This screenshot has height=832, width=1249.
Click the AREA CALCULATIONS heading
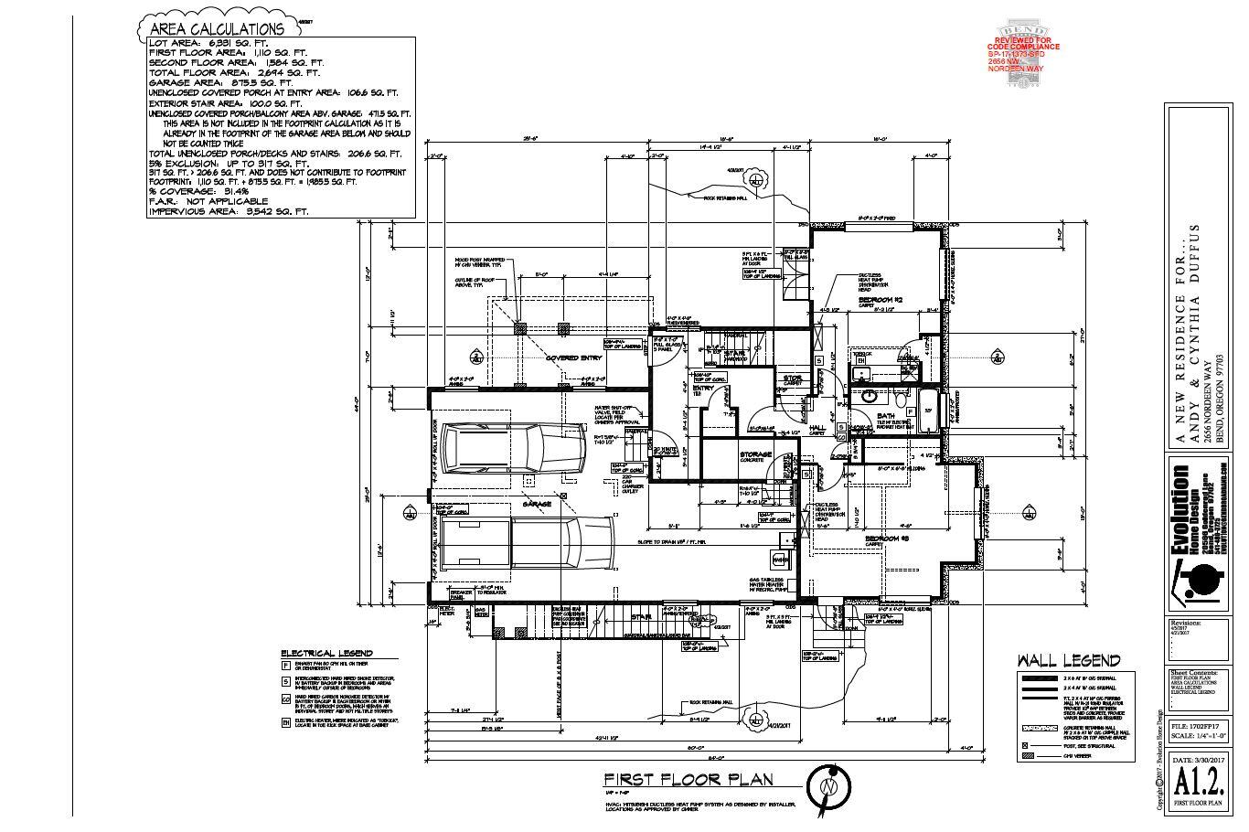pyautogui.click(x=216, y=29)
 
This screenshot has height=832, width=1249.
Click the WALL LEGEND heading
pyautogui.click(x=1069, y=660)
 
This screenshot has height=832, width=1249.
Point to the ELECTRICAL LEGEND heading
pyautogui.click(x=326, y=653)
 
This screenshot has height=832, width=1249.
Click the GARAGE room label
pyautogui.click(x=537, y=504)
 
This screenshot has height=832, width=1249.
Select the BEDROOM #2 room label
pyautogui.click(x=881, y=300)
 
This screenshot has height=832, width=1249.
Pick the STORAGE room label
pyautogui.click(x=755, y=454)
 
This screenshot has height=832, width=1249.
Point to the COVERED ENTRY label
pyautogui.click(x=574, y=357)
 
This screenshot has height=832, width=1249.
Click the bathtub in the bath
pyautogui.click(x=927, y=408)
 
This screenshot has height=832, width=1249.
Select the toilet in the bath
pyautogui.click(x=901, y=400)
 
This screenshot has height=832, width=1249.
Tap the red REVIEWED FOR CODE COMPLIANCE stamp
pyautogui.click(x=1023, y=52)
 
